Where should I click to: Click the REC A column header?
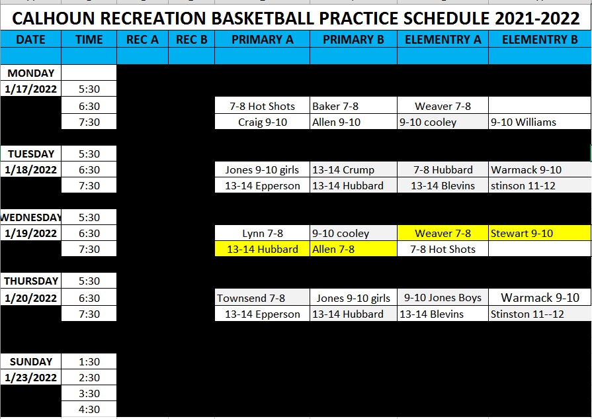tap(142, 39)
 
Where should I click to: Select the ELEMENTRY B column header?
tap(540, 39)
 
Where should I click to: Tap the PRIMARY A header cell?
tap(262, 39)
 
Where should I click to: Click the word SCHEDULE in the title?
tap(446, 18)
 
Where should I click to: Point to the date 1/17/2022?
tap(30, 89)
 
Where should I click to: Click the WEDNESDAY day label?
tap(30, 217)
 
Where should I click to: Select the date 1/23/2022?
tap(30, 377)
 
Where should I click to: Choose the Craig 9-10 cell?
tap(262, 122)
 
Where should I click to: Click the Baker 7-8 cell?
tap(353, 106)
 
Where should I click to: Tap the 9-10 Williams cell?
tap(540, 122)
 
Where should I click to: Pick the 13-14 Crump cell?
tap(353, 169)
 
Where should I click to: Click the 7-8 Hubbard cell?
tap(443, 169)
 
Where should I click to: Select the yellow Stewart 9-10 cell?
tap(540, 233)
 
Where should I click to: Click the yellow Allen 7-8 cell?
tap(353, 249)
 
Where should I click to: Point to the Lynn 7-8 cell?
tap(262, 233)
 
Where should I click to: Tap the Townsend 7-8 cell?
tap(262, 298)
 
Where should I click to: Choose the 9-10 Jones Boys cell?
tap(443, 298)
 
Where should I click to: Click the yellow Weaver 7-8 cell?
tap(443, 233)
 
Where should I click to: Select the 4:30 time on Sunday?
tap(89, 409)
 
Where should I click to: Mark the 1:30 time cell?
tap(89, 361)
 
